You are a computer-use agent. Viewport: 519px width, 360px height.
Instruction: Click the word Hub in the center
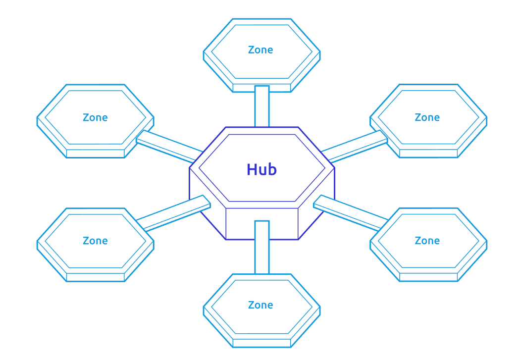coord(261,169)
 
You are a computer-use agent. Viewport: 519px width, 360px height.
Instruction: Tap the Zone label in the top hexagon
coord(260,50)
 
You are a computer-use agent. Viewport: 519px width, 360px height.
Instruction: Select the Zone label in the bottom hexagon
coord(260,305)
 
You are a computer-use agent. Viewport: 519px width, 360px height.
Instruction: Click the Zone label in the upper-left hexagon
coord(95,117)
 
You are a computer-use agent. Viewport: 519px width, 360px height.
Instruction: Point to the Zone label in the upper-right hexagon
coord(427,117)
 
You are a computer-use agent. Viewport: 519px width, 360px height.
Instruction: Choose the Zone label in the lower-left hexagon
coord(95,241)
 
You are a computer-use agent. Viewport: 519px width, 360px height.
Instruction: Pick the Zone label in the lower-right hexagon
coord(427,241)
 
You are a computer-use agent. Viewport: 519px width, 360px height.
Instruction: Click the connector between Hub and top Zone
coord(262,106)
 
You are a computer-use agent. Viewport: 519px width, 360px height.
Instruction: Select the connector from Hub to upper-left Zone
coord(168,146)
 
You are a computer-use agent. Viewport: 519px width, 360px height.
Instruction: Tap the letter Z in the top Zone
coord(251,50)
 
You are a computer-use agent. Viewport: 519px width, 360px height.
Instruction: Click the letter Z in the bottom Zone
coord(251,305)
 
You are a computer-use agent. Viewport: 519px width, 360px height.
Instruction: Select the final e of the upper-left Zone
coord(104,118)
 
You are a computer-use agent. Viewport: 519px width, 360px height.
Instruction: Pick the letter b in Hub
coord(272,169)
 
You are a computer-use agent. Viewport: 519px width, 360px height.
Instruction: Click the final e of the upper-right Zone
coord(437,118)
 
